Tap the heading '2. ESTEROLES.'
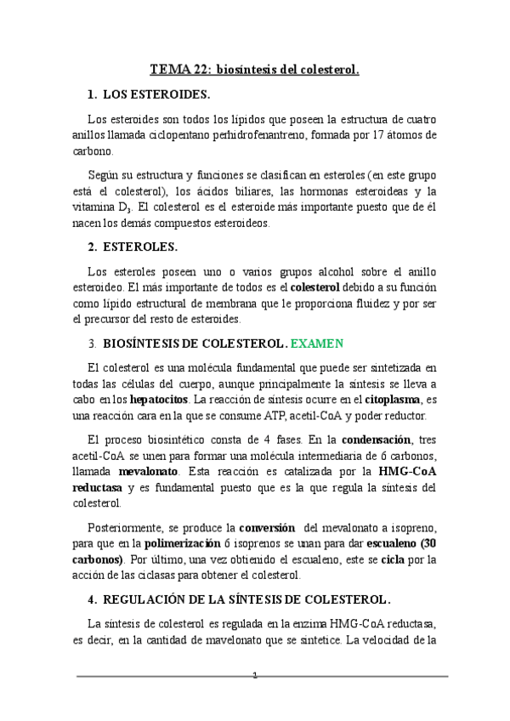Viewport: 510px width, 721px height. tap(133, 247)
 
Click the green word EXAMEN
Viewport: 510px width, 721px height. tap(317, 344)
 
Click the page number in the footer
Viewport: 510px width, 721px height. tap(254, 676)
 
